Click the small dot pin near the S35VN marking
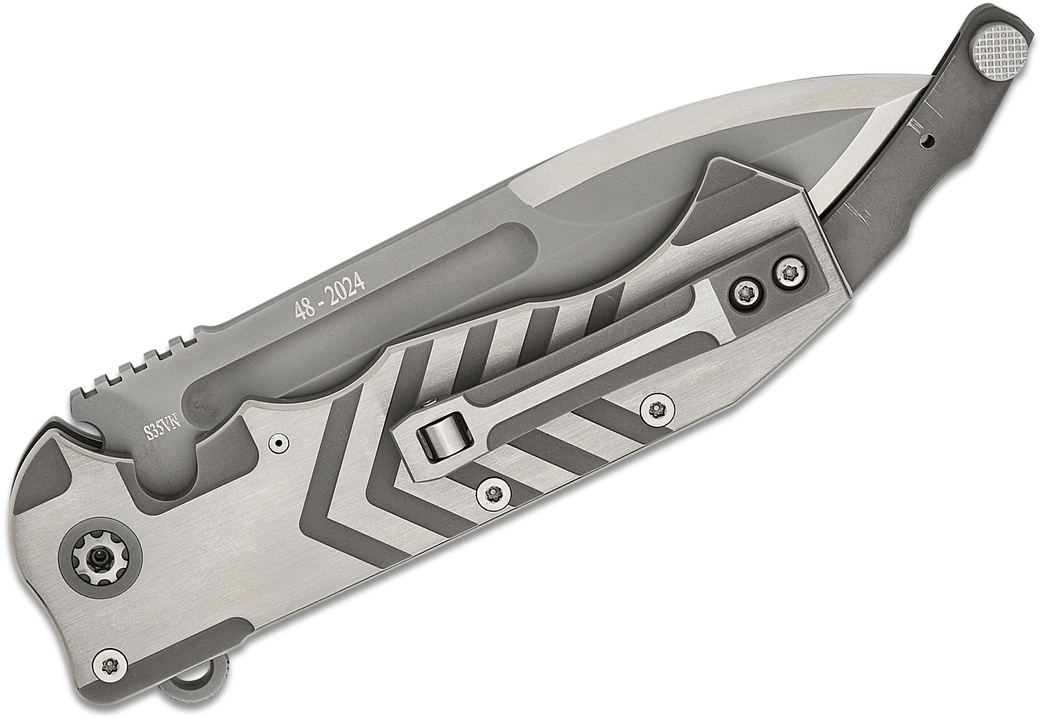[279, 442]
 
